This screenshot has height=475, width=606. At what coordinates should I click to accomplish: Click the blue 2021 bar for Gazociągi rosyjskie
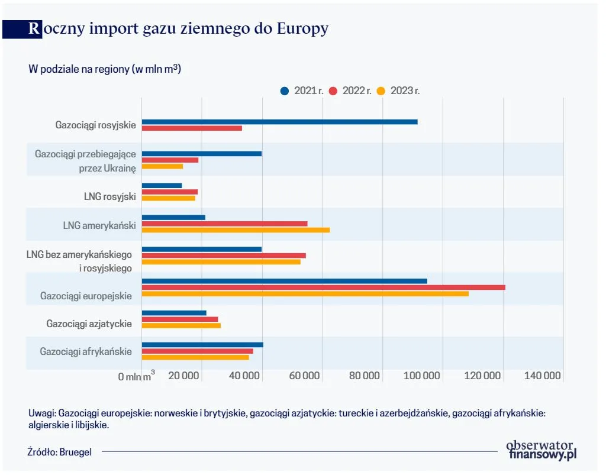(279, 122)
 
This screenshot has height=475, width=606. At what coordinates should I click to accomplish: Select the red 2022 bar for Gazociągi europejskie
(323, 287)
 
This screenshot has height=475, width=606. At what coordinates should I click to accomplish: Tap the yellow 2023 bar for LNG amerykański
(236, 230)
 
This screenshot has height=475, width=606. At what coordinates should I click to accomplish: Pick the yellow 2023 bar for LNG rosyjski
(168, 198)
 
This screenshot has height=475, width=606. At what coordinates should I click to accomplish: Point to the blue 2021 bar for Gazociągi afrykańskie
(202, 344)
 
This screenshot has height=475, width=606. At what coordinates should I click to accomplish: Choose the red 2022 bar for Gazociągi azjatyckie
(180, 319)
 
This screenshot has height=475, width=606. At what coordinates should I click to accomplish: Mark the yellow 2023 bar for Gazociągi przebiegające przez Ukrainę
(162, 166)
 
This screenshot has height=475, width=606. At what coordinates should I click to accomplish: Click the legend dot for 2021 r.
(285, 91)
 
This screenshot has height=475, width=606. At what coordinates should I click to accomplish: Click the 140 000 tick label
(542, 376)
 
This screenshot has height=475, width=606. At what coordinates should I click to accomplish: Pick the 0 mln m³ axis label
(137, 376)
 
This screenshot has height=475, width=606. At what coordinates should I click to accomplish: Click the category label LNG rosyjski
(110, 196)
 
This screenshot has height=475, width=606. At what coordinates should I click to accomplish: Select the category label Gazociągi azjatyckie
(89, 324)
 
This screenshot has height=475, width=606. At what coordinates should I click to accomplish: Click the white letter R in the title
(34, 28)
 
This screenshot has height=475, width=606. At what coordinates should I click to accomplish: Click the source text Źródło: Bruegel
(60, 451)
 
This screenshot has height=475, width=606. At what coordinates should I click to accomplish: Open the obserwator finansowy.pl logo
(541, 450)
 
